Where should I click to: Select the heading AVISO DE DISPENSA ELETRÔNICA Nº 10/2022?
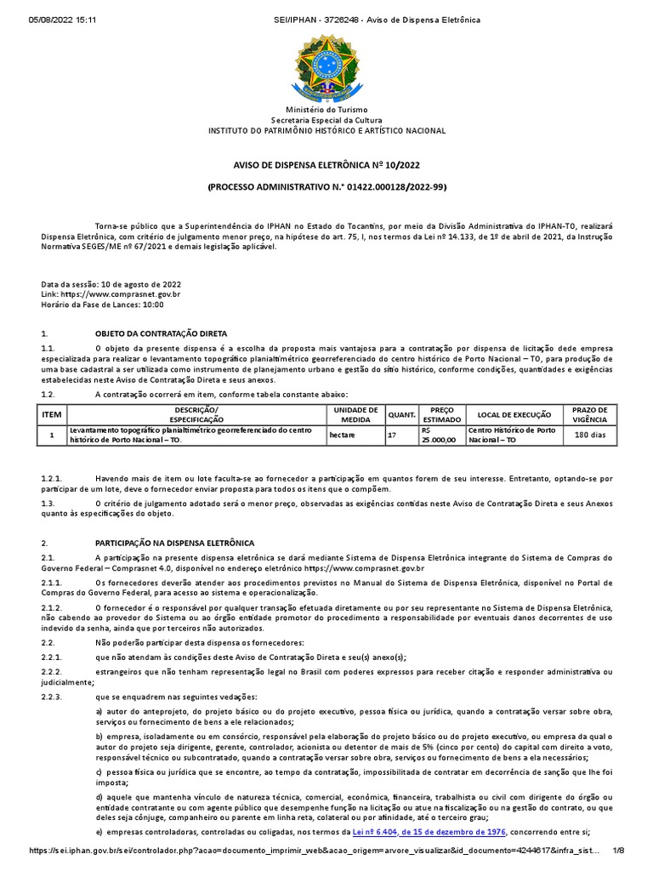tap(327, 167)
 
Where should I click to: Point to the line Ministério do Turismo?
tap(327, 111)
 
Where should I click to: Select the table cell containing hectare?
tap(343, 435)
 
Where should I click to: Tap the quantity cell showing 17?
tap(392, 435)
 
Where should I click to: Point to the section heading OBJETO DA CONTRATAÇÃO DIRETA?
tap(161, 334)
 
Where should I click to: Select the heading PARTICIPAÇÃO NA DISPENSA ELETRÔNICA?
tap(174, 543)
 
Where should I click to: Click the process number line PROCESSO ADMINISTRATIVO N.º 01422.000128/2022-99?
tap(327, 185)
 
